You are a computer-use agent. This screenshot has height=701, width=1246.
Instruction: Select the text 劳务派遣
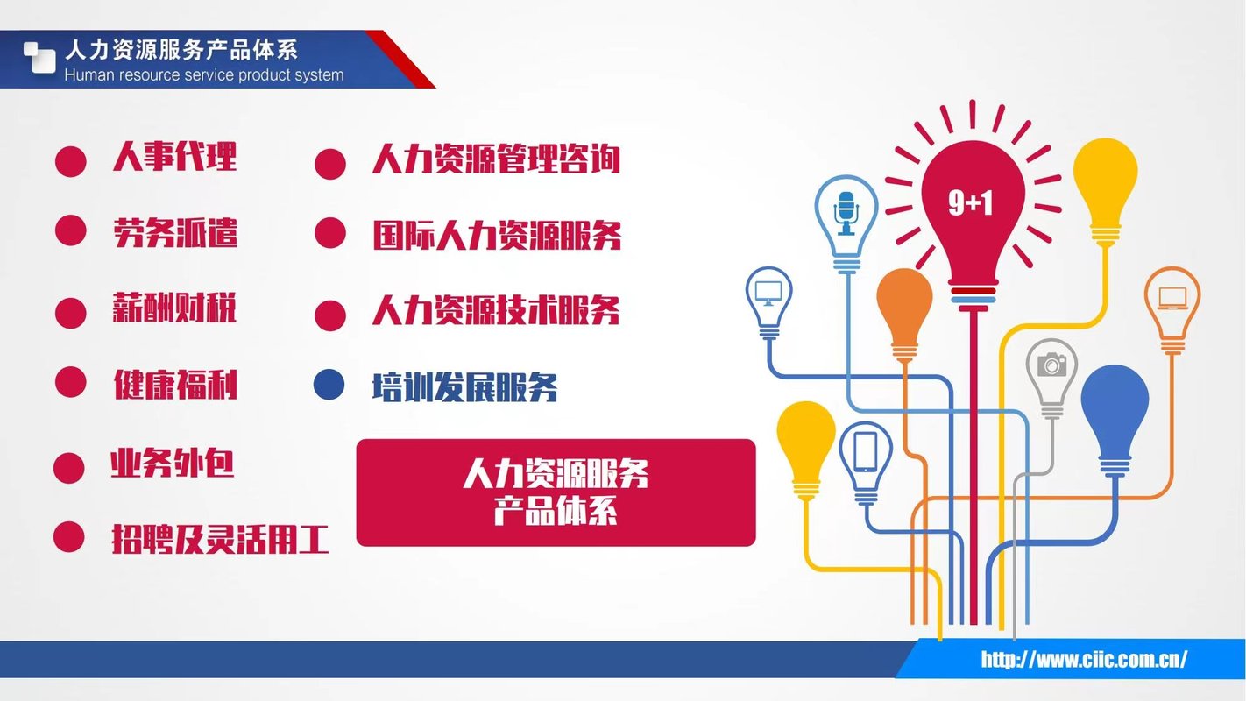175,232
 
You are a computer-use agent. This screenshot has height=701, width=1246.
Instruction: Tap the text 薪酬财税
174,307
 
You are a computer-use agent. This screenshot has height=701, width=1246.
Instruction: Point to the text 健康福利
175,384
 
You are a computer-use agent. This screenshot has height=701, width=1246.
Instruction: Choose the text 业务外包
172,463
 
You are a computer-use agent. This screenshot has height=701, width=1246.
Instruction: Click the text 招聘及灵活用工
220,539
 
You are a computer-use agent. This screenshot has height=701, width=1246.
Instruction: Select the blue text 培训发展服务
464,386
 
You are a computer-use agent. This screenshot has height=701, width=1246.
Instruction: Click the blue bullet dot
329,385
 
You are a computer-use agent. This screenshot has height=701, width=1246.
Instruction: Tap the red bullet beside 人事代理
71,162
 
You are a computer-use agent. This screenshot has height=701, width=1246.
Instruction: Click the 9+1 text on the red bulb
971,202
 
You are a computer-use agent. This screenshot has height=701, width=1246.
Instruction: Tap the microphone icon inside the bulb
846,214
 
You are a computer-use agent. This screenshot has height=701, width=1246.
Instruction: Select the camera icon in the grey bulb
1051,365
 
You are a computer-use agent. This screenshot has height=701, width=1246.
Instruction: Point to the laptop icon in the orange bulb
1172,298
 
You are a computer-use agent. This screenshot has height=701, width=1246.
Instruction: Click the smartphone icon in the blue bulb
866,451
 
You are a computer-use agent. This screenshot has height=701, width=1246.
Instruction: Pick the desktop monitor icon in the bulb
768,294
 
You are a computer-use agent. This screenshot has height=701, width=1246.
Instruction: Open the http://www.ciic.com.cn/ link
1084,659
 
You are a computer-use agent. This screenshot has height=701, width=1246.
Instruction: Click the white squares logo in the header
39,57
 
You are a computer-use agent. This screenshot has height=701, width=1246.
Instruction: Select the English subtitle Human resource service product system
204,75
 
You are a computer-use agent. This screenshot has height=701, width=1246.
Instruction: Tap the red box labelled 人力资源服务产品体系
556,492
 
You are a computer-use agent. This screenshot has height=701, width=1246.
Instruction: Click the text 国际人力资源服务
497,236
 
